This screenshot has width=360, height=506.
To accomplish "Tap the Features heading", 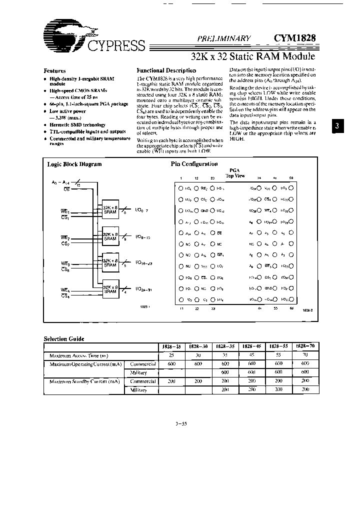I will click(x=55, y=70).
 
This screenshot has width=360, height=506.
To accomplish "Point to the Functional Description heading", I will click(x=166, y=70).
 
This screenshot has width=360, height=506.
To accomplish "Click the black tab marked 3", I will click(x=337, y=126).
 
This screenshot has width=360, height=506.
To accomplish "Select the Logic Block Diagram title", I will click(x=74, y=164).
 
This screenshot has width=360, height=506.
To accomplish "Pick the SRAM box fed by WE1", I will click(x=110, y=210).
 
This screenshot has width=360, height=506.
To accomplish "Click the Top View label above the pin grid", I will click(x=235, y=176).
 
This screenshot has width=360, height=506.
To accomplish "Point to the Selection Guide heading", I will click(x=64, y=339).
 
